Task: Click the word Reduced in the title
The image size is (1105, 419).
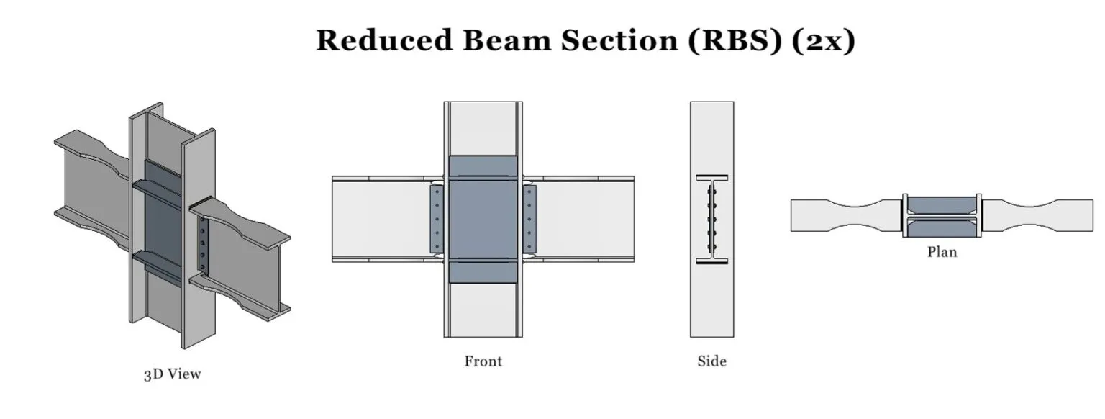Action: [x=384, y=40]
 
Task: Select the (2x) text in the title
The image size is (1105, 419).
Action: [x=824, y=40]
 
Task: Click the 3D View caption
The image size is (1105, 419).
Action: [x=172, y=374]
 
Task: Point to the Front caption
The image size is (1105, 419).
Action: [x=483, y=361]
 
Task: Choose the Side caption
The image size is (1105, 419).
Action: [x=711, y=361]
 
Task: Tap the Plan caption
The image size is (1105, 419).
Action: [x=942, y=252]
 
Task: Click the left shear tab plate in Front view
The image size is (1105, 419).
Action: [x=437, y=219]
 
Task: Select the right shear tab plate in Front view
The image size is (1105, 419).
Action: [x=529, y=219]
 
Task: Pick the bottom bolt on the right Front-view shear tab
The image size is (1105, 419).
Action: [x=529, y=245]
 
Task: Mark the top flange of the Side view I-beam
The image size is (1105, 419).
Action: [x=711, y=177]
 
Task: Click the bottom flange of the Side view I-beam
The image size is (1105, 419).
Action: [x=711, y=261]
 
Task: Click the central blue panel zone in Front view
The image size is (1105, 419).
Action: [x=483, y=219]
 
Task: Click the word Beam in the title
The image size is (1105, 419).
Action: [x=506, y=40]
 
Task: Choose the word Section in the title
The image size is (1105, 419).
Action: [x=619, y=40]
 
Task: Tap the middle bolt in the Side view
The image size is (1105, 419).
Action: [x=711, y=219]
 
